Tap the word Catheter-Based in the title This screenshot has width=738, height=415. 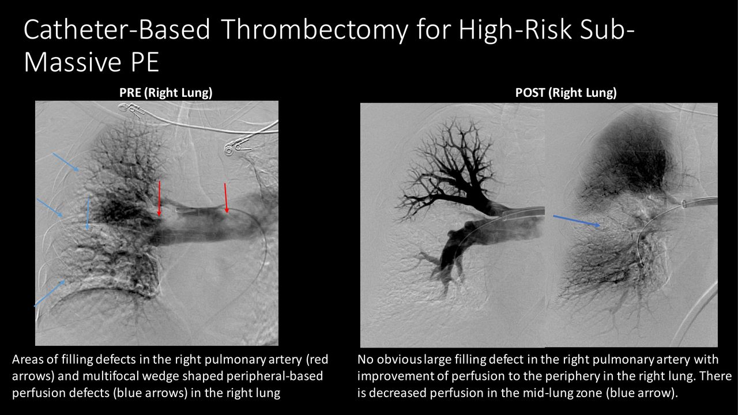[116, 29]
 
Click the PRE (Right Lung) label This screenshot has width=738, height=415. [165, 93]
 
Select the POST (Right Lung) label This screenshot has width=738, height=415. [566, 93]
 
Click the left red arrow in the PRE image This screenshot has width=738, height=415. [159, 198]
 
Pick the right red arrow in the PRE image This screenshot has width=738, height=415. [226, 198]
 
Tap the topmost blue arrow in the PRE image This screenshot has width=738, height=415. [66, 162]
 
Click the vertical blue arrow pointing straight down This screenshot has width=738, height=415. [88, 213]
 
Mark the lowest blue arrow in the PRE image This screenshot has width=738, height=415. [50, 293]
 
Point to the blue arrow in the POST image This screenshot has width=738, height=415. [577, 221]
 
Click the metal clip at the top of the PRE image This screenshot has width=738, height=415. [131, 110]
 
